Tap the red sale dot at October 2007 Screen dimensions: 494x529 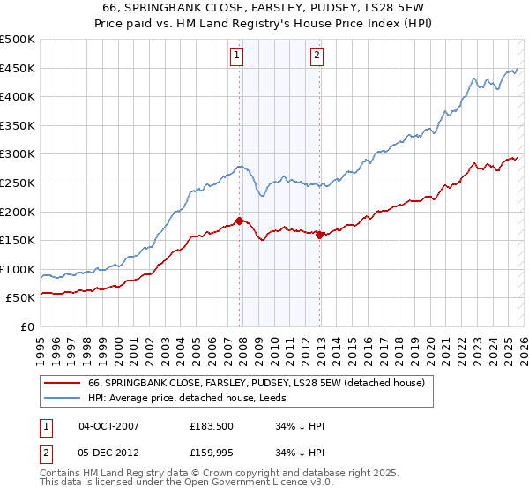tap(239, 221)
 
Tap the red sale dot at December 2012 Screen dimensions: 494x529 tap(319, 234)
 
